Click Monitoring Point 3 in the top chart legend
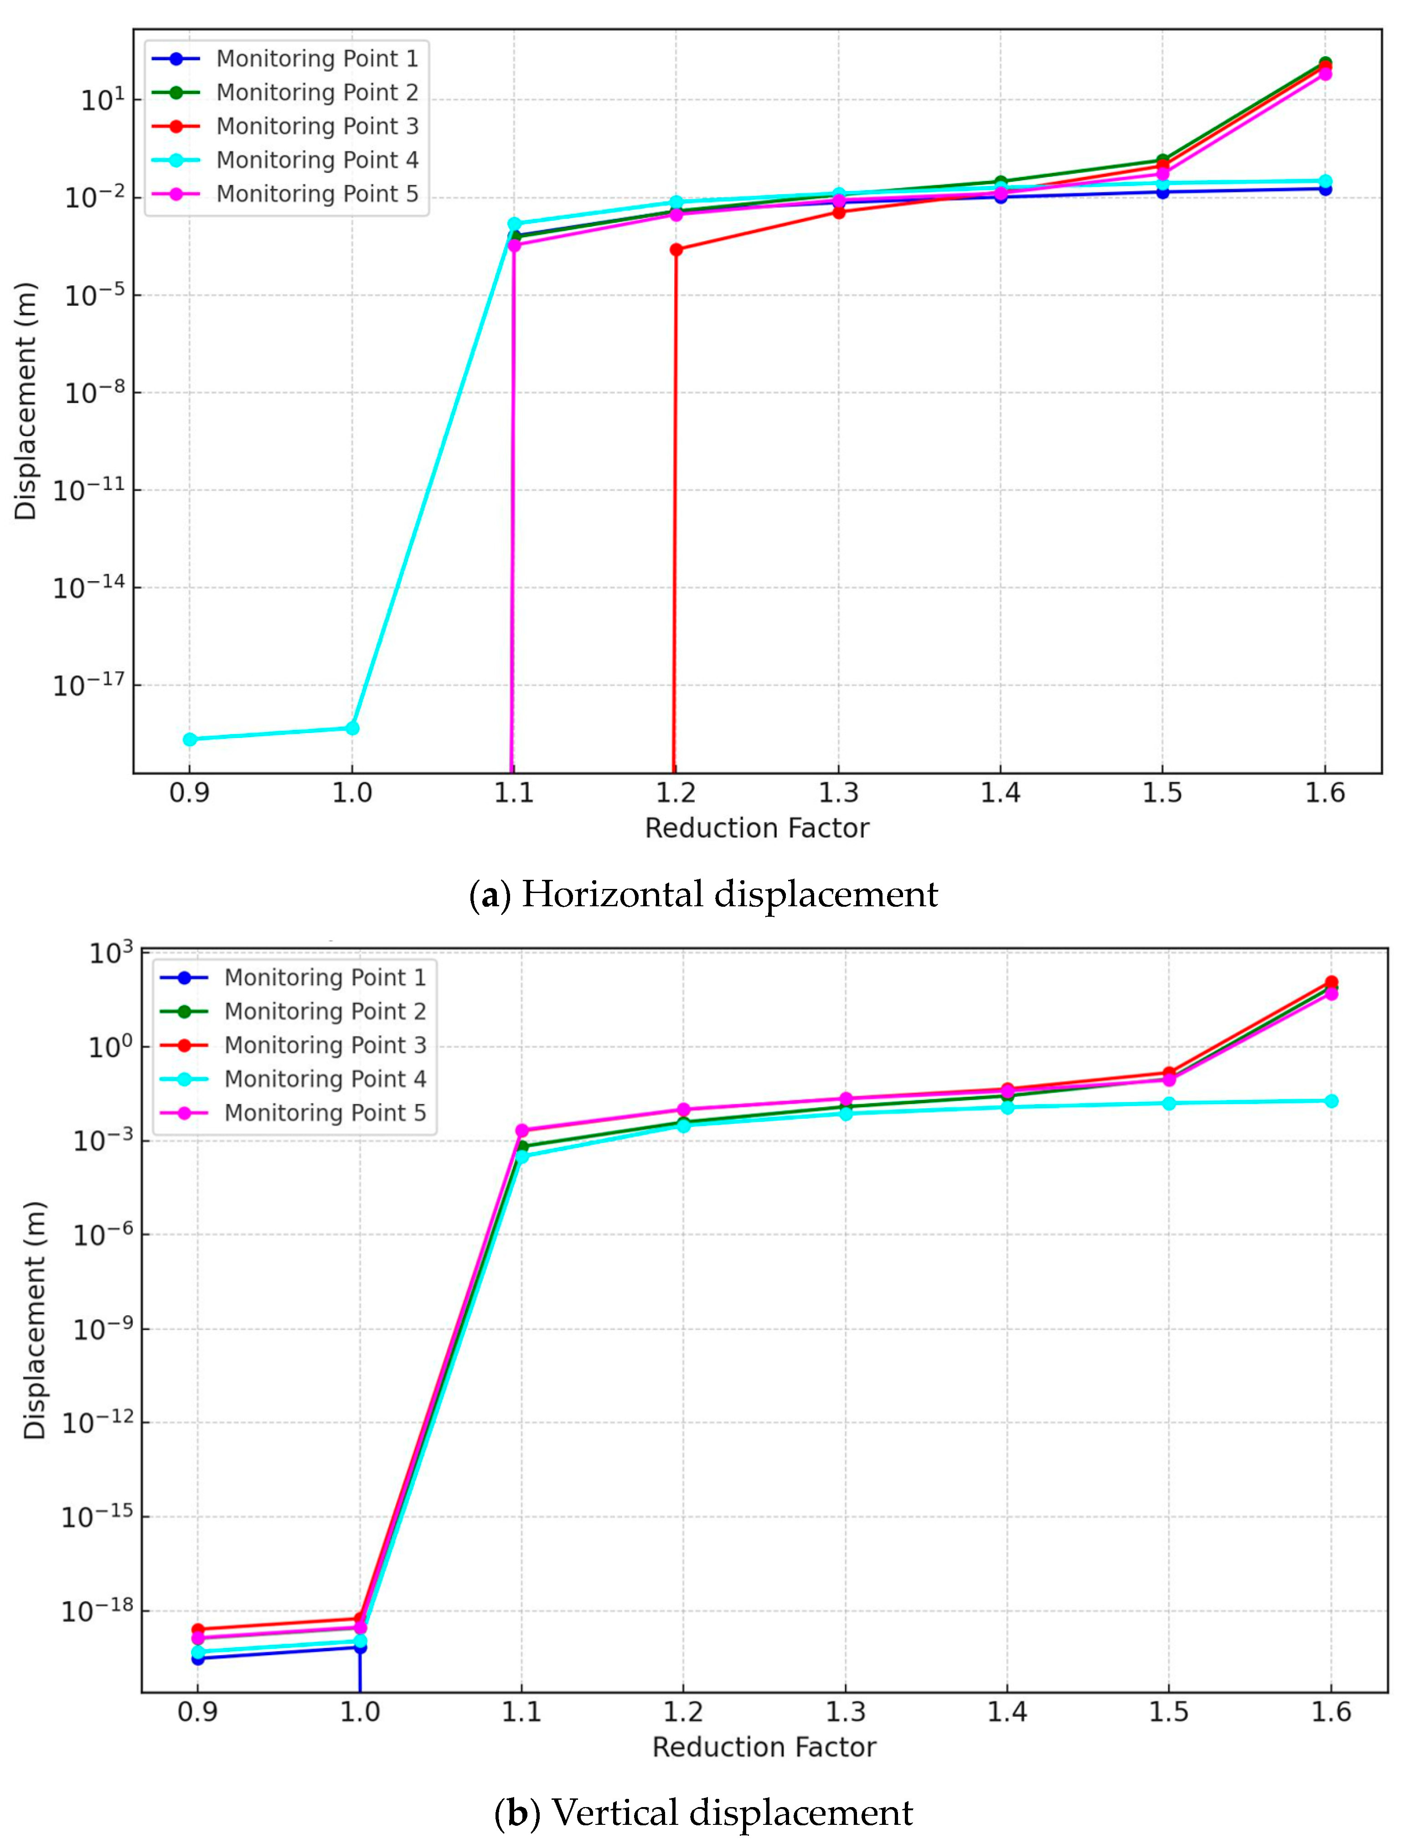tap(316, 126)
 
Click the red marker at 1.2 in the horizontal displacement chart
tap(676, 249)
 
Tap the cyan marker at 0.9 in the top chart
tap(191, 739)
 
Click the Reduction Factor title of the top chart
tap(757, 828)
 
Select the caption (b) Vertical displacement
tap(703, 1812)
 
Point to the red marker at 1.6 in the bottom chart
tap(1331, 982)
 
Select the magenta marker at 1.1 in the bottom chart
tap(521, 1131)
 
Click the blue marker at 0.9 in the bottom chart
tap(198, 1658)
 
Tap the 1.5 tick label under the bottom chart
tap(1168, 1711)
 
